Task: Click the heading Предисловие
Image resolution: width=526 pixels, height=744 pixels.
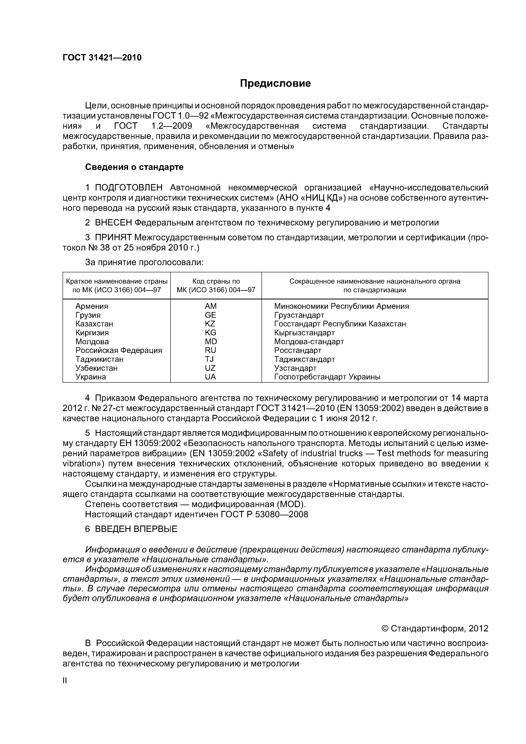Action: (275, 84)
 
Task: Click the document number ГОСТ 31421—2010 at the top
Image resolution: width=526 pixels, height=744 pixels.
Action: (102, 58)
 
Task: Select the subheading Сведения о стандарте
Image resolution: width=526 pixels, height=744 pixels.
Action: (134, 167)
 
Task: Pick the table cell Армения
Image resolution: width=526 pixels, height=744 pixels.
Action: (92, 306)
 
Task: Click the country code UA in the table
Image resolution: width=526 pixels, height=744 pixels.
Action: (210, 377)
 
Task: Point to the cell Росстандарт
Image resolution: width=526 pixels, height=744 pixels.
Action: (298, 350)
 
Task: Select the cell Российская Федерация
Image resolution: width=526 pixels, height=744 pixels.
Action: (119, 350)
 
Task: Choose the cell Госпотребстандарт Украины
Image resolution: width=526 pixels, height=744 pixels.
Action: (327, 377)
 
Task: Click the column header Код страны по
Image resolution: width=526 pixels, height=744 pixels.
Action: (216, 281)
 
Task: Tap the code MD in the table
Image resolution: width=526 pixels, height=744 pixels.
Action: (211, 341)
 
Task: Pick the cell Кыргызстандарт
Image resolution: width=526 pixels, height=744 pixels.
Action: (304, 333)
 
